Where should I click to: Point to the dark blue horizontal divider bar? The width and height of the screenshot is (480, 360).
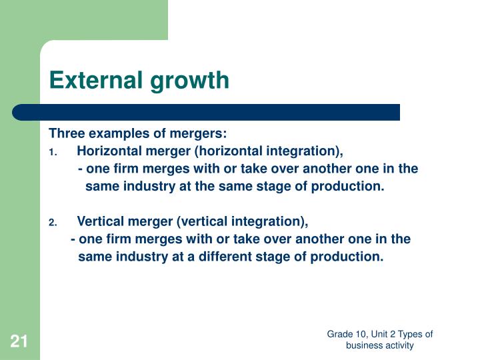[x=207, y=112]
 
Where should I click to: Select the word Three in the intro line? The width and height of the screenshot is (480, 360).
[x=67, y=133]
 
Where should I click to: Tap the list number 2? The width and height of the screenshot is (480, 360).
[x=53, y=222]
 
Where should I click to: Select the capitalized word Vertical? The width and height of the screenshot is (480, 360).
[x=99, y=221]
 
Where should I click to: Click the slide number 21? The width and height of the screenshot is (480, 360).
[x=19, y=343]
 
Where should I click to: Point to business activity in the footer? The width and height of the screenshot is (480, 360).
[x=380, y=345]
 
